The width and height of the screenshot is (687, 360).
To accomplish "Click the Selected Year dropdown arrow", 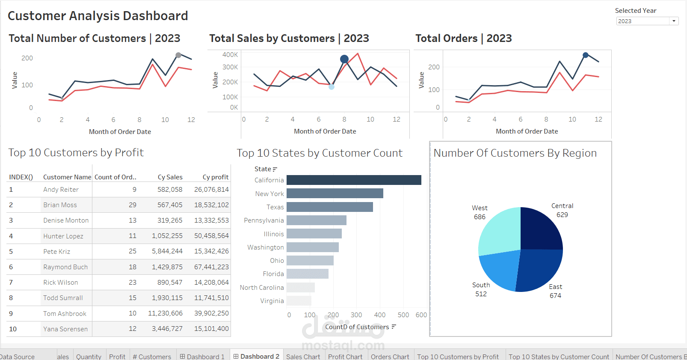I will pyautogui.click(x=674, y=21).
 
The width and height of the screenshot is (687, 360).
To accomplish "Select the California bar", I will pyautogui.click(x=353, y=180).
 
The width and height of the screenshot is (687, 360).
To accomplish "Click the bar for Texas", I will pyautogui.click(x=329, y=207).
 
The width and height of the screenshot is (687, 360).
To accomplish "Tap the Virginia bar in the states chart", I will pyautogui.click(x=299, y=301).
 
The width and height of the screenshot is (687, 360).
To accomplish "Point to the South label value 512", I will pyautogui.click(x=481, y=294).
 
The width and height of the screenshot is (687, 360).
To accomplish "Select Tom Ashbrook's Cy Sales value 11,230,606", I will pyautogui.click(x=165, y=313).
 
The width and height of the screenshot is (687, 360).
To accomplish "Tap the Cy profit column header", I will pyautogui.click(x=215, y=177).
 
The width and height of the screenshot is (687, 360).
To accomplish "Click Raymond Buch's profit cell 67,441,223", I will pyautogui.click(x=211, y=267).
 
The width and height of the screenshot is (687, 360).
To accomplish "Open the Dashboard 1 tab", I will pyautogui.click(x=202, y=356).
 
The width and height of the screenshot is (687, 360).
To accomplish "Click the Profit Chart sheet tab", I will pyautogui.click(x=345, y=356).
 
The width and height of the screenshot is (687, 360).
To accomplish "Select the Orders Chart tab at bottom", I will pyautogui.click(x=390, y=356).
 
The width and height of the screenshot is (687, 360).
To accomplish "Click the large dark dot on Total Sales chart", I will pyautogui.click(x=344, y=59).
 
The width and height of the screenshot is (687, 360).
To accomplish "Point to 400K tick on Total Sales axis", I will pyautogui.click(x=230, y=55).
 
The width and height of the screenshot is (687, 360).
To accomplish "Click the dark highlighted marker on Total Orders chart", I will pyautogui.click(x=586, y=55).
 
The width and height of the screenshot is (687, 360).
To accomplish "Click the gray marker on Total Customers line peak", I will pyautogui.click(x=178, y=55).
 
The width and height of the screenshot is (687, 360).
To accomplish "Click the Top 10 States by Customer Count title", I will pyautogui.click(x=319, y=153).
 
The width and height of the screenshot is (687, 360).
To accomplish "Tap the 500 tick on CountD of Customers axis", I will pyautogui.click(x=403, y=315).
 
